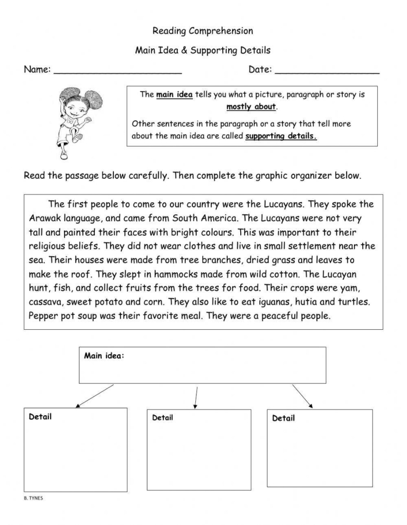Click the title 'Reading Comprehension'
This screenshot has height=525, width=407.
pyautogui.click(x=203, y=31)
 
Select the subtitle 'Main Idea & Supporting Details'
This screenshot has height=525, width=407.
pyautogui.click(x=203, y=51)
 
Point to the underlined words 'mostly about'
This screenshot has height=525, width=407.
pyautogui.click(x=252, y=107)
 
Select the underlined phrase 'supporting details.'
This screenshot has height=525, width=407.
pyautogui.click(x=281, y=136)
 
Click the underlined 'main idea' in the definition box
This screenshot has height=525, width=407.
pyautogui.click(x=174, y=95)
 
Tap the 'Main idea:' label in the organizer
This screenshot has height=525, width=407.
pyautogui.click(x=104, y=356)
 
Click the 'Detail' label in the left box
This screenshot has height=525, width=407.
pyautogui.click(x=40, y=416)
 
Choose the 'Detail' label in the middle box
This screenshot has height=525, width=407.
pyautogui.click(x=162, y=418)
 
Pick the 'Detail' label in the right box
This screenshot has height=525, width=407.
pyautogui.click(x=283, y=418)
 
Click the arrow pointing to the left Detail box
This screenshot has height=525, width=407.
pyautogui.click(x=95, y=395)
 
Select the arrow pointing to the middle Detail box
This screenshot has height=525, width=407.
pyautogui.click(x=196, y=397)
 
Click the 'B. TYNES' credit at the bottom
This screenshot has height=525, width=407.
pyautogui.click(x=33, y=498)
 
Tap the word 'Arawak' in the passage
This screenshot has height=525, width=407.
pyautogui.click(x=44, y=219)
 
